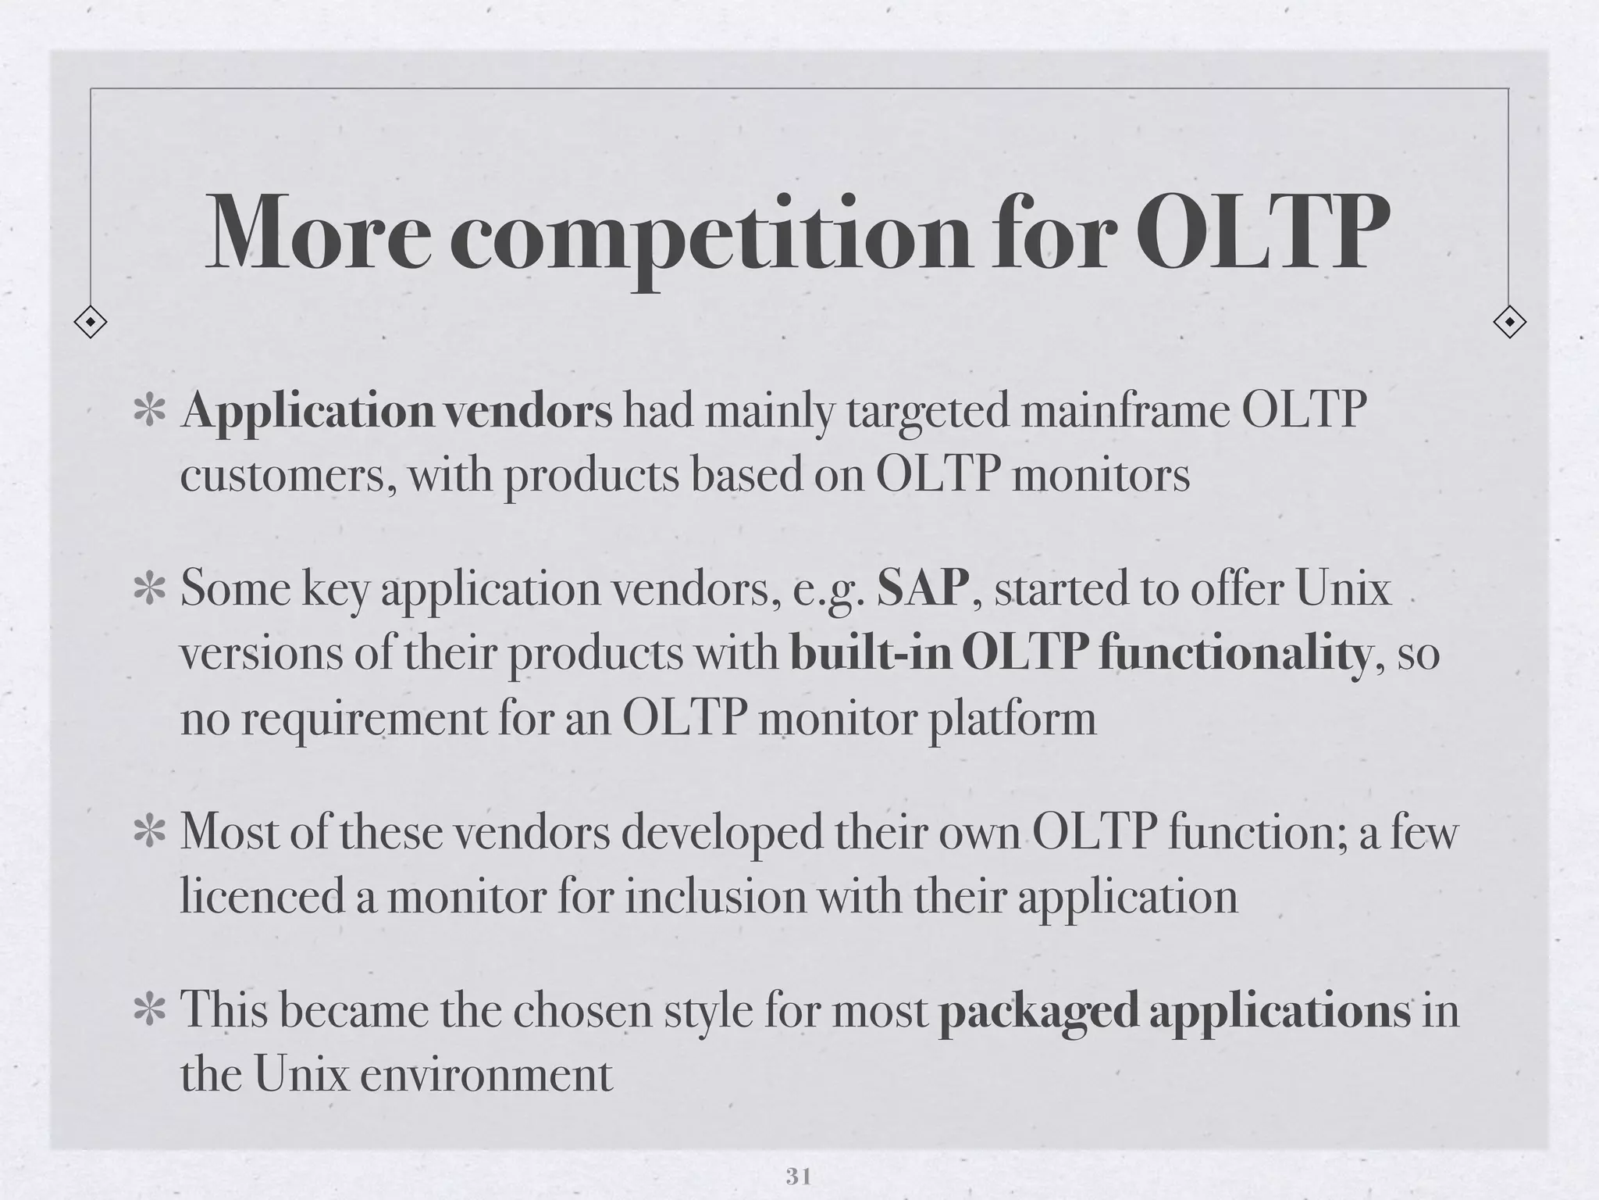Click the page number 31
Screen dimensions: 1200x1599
798,1176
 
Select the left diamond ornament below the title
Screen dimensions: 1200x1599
91,321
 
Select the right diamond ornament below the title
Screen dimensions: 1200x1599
1508,321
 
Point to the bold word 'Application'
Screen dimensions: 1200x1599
308,412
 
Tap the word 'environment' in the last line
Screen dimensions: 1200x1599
486,1075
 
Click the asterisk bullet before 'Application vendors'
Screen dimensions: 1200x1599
148,412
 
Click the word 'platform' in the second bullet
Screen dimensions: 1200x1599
1012,719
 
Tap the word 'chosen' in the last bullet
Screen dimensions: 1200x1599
581,1010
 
